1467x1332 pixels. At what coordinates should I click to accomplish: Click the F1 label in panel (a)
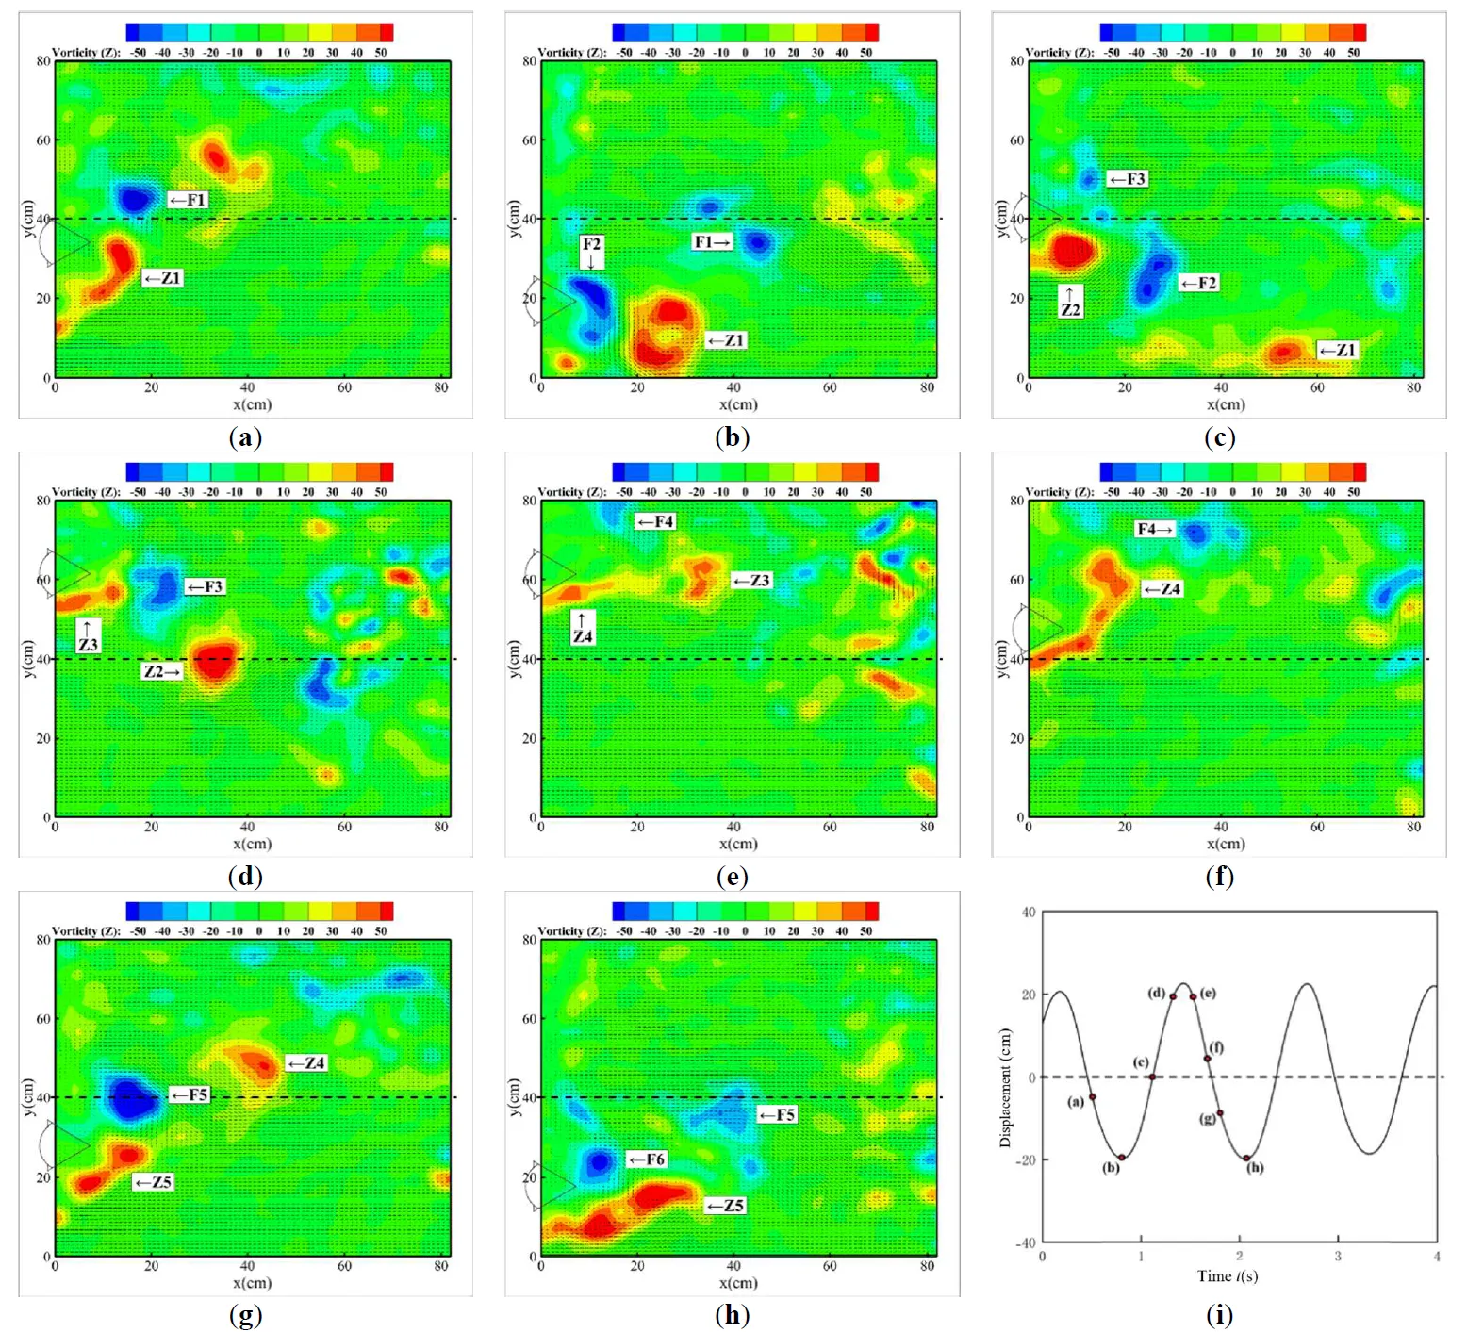[188, 200]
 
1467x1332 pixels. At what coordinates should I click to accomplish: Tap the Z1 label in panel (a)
[162, 278]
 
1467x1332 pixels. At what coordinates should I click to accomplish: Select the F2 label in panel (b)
[591, 245]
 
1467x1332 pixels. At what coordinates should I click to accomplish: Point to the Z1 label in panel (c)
[1338, 351]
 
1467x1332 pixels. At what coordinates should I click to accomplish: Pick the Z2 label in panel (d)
[161, 671]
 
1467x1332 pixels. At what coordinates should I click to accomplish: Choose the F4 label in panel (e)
[656, 521]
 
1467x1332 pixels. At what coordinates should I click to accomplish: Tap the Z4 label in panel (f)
[1162, 589]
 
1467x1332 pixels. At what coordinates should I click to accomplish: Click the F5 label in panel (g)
[190, 1094]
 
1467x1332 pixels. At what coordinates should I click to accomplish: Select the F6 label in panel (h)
[648, 1159]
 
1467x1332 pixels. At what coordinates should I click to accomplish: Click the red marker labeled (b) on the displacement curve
[1121, 1158]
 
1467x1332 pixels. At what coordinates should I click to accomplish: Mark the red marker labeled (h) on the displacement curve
[1246, 1159]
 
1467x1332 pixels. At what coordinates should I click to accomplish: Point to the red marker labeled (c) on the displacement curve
[1152, 1077]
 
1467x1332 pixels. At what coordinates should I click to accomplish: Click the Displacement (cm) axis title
[1005, 1087]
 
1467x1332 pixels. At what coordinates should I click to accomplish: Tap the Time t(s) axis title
[1227, 1276]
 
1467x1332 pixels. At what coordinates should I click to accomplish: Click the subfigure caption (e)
[733, 877]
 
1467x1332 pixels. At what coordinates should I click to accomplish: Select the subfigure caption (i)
[1219, 1315]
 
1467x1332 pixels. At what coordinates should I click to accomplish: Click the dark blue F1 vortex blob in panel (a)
[135, 199]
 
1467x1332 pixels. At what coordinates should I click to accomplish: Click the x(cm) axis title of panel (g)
[252, 1283]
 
